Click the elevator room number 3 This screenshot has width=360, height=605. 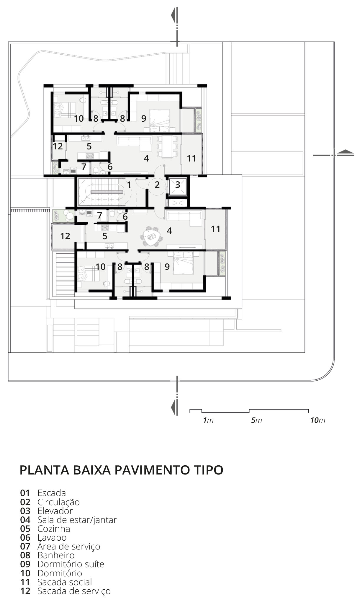coord(178,185)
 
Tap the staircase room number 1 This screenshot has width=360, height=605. coord(129,185)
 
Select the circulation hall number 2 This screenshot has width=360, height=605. coord(157,185)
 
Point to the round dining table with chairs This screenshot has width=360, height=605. coord(151,236)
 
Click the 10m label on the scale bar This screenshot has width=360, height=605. coord(318,420)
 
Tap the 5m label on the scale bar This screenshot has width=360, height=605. coord(256,420)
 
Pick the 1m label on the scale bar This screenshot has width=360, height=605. coord(208,420)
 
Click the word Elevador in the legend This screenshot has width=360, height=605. coord(55,511)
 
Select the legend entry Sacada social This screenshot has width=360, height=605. coord(65,582)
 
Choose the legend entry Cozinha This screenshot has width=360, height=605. coord(54,529)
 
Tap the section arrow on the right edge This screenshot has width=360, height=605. coord(345,152)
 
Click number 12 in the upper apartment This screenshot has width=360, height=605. coord(58,146)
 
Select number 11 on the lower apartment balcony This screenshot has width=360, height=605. coord(215,229)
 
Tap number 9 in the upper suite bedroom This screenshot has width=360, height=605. coord(144,118)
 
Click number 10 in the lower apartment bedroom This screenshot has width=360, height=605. coord(100,267)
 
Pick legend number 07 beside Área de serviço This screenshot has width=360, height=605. coord(25,547)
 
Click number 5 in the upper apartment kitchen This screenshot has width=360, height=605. coord(89,146)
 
